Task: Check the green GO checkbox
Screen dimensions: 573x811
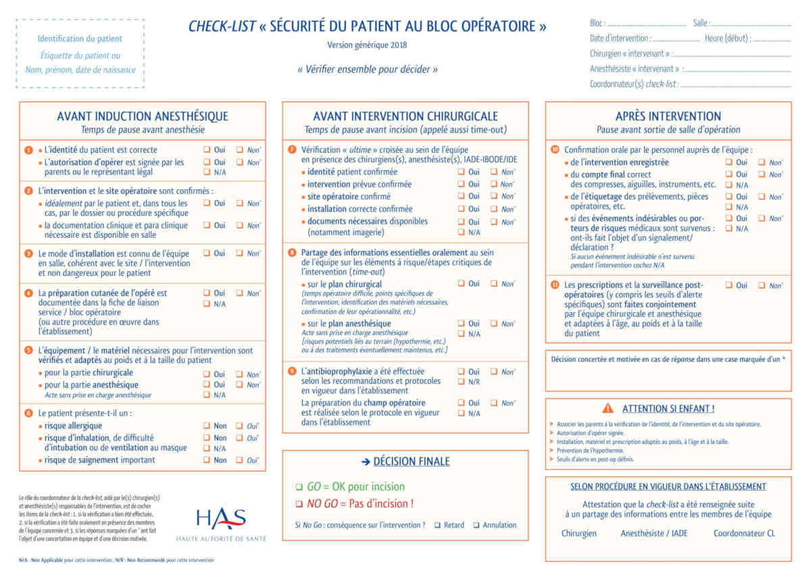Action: (x=299, y=487)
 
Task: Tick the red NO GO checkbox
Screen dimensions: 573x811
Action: (x=299, y=504)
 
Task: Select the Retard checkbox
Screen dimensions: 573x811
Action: (x=437, y=525)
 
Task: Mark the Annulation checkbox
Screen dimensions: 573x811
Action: (x=476, y=525)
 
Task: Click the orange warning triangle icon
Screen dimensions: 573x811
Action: (x=608, y=408)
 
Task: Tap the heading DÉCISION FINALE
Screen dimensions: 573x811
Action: (x=405, y=462)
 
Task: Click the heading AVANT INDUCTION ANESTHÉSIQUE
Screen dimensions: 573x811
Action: (x=143, y=116)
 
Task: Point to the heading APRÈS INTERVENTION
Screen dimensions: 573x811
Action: (x=668, y=116)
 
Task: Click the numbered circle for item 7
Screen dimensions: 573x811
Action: (x=292, y=149)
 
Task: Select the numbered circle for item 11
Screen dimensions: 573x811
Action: (x=555, y=285)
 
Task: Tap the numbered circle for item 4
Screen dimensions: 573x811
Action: (x=28, y=293)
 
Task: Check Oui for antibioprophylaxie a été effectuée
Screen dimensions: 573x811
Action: (x=461, y=372)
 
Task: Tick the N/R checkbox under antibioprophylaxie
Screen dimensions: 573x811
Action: (x=461, y=382)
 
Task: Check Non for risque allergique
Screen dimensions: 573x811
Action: (x=207, y=426)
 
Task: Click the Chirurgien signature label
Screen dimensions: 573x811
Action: (x=579, y=533)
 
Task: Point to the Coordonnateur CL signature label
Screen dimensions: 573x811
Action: (x=744, y=533)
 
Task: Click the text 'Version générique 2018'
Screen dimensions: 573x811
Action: (x=367, y=45)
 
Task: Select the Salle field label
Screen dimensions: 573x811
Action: (x=700, y=24)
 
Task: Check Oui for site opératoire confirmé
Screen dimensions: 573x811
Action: (x=461, y=197)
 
